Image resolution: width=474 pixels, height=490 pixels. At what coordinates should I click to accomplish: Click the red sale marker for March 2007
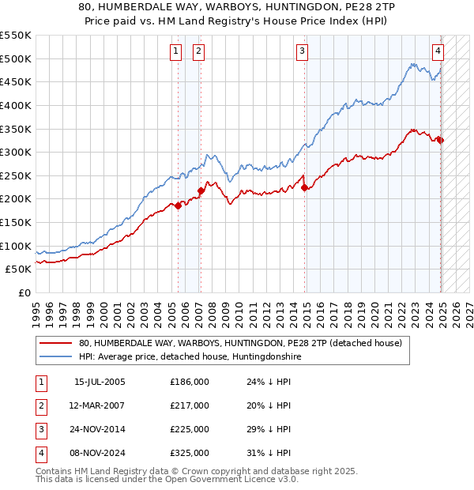click(x=201, y=190)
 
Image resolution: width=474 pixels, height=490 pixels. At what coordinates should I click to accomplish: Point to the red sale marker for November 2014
click(x=305, y=187)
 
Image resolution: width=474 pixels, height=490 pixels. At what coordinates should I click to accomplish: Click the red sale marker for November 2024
click(x=441, y=140)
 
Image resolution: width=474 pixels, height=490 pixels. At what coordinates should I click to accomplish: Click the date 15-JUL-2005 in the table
click(x=100, y=382)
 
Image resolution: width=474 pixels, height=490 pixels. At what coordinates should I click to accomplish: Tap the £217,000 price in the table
click(x=190, y=405)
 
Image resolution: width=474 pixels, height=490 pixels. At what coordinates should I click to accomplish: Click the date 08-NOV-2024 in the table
click(x=100, y=453)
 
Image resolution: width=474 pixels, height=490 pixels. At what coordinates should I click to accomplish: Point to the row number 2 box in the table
click(x=39, y=405)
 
